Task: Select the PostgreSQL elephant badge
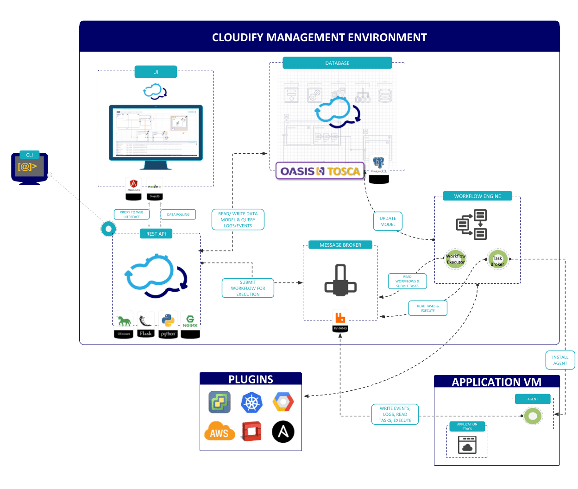click(379, 169)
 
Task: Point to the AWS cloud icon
click(219, 432)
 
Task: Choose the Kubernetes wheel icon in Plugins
click(251, 402)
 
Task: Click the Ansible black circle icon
click(283, 432)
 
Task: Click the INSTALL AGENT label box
click(560, 360)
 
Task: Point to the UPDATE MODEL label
click(388, 221)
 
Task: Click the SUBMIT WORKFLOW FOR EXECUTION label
click(248, 288)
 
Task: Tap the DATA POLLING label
click(178, 214)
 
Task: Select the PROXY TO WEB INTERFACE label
click(132, 214)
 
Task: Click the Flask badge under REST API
click(145, 324)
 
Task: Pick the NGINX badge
click(190, 324)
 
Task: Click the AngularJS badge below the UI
click(134, 188)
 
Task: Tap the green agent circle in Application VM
click(533, 416)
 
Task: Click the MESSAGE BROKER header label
click(340, 245)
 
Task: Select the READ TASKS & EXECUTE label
click(427, 308)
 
